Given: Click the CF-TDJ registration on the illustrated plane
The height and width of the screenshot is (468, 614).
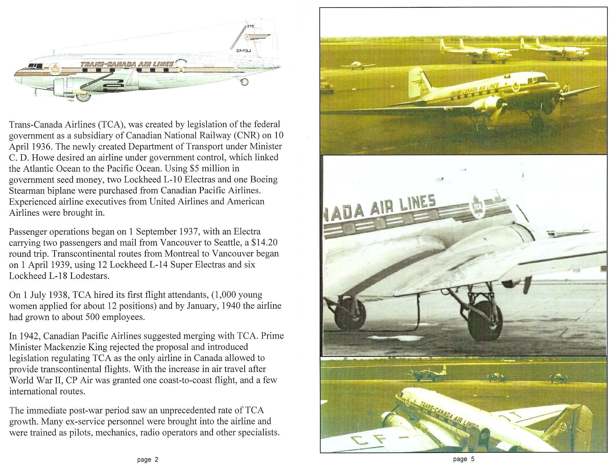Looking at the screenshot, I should tap(244, 51).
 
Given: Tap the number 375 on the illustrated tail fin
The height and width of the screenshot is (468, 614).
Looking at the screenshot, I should tap(250, 26).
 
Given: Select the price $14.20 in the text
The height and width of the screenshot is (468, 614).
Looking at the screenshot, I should tap(264, 243).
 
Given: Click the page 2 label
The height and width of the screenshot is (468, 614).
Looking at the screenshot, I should tap(148, 460).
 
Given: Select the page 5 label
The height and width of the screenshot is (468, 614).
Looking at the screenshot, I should tap(464, 459).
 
